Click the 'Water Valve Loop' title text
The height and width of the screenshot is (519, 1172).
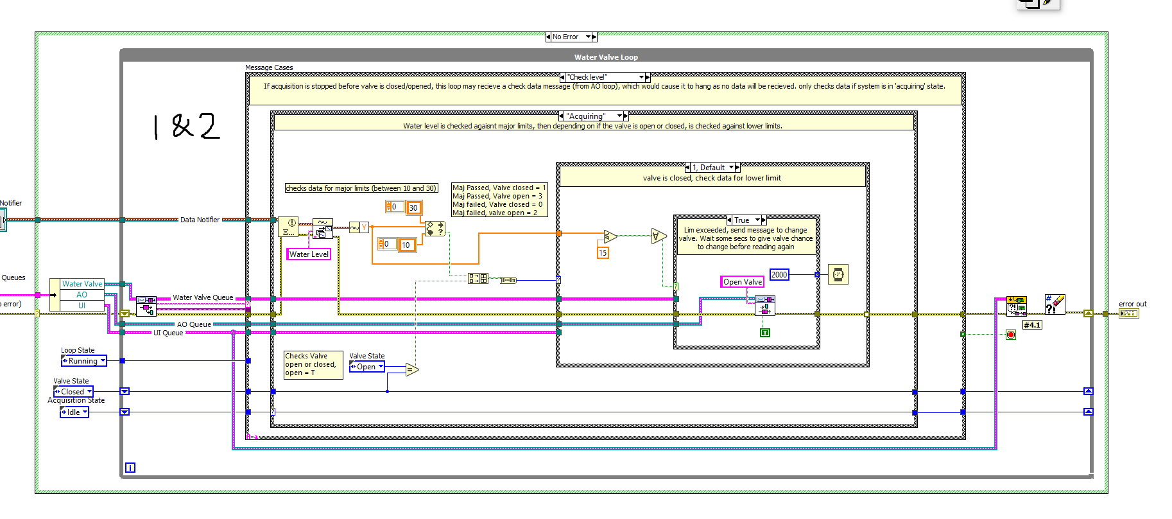(x=605, y=57)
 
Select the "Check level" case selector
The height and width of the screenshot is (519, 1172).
(x=603, y=77)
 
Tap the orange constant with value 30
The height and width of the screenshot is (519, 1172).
(x=413, y=207)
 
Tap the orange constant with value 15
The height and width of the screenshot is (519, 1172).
(x=602, y=253)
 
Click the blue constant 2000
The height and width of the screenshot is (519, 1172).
(x=779, y=275)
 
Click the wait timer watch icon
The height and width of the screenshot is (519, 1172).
(x=838, y=275)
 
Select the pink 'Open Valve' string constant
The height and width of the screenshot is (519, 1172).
(x=742, y=282)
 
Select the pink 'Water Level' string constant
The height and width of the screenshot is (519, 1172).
(x=309, y=254)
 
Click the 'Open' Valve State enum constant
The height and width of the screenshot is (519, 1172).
(x=366, y=367)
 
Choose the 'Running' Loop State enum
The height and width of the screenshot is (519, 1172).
(x=83, y=361)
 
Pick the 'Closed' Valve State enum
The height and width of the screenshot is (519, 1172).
(x=73, y=392)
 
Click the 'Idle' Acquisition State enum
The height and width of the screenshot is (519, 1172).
(x=74, y=412)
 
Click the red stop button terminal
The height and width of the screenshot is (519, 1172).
(x=1011, y=335)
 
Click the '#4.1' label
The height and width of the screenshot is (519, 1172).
(x=1031, y=325)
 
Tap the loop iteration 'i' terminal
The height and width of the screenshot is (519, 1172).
(x=130, y=468)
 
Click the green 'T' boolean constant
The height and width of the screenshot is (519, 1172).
(x=764, y=333)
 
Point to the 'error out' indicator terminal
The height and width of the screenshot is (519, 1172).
(x=1128, y=313)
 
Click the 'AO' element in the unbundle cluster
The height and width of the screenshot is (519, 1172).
(x=82, y=295)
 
